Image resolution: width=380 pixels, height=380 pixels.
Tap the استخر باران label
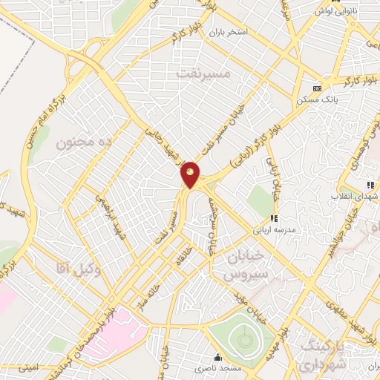(226, 33)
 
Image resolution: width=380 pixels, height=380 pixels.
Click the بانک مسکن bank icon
(318, 88)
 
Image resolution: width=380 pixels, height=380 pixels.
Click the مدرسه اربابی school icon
(273, 218)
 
